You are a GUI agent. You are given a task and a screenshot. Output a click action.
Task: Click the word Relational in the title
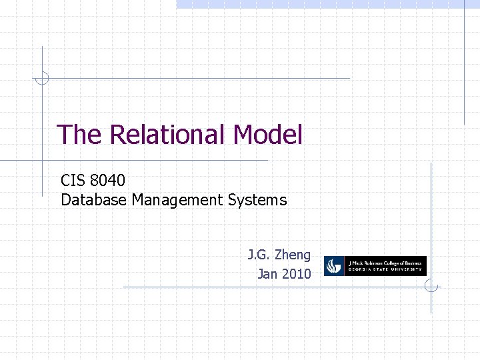pyautogui.click(x=169, y=135)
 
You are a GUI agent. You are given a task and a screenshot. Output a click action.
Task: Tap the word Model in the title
pyautogui.click(x=268, y=135)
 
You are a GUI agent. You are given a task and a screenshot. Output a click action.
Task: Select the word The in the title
pyautogui.click(x=79, y=135)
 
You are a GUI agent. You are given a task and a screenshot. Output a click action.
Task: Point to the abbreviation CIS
pyautogui.click(x=73, y=180)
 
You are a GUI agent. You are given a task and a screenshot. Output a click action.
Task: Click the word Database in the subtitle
pyautogui.click(x=93, y=199)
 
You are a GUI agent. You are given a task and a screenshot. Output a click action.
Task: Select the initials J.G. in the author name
pyautogui.click(x=259, y=255)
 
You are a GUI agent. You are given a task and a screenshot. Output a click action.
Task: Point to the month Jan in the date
pyautogui.click(x=267, y=273)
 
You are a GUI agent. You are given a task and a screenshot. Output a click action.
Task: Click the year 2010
pyautogui.click(x=296, y=273)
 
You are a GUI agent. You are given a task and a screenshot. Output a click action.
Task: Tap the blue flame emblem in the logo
pyautogui.click(x=334, y=267)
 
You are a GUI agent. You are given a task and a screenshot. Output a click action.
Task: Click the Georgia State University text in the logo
pyautogui.click(x=385, y=271)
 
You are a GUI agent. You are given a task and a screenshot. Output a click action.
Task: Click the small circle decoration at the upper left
pyautogui.click(x=42, y=78)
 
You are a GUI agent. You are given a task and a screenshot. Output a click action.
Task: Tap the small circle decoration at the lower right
pyautogui.click(x=431, y=287)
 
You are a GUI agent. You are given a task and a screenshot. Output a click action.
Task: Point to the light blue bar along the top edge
pyautogui.click(x=327, y=4)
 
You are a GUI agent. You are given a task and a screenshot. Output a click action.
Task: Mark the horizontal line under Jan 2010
pyautogui.click(x=267, y=287)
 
